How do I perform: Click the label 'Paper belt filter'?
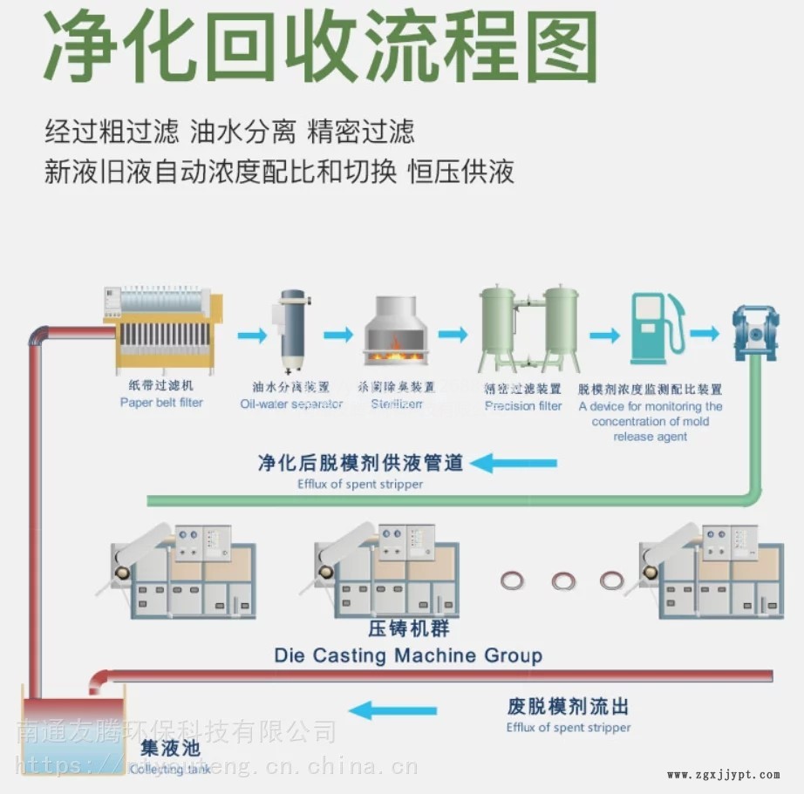coord(161,403)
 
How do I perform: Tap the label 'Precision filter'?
coord(523,406)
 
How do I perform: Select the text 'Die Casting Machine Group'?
coord(408,655)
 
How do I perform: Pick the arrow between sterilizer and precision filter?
coord(453,334)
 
